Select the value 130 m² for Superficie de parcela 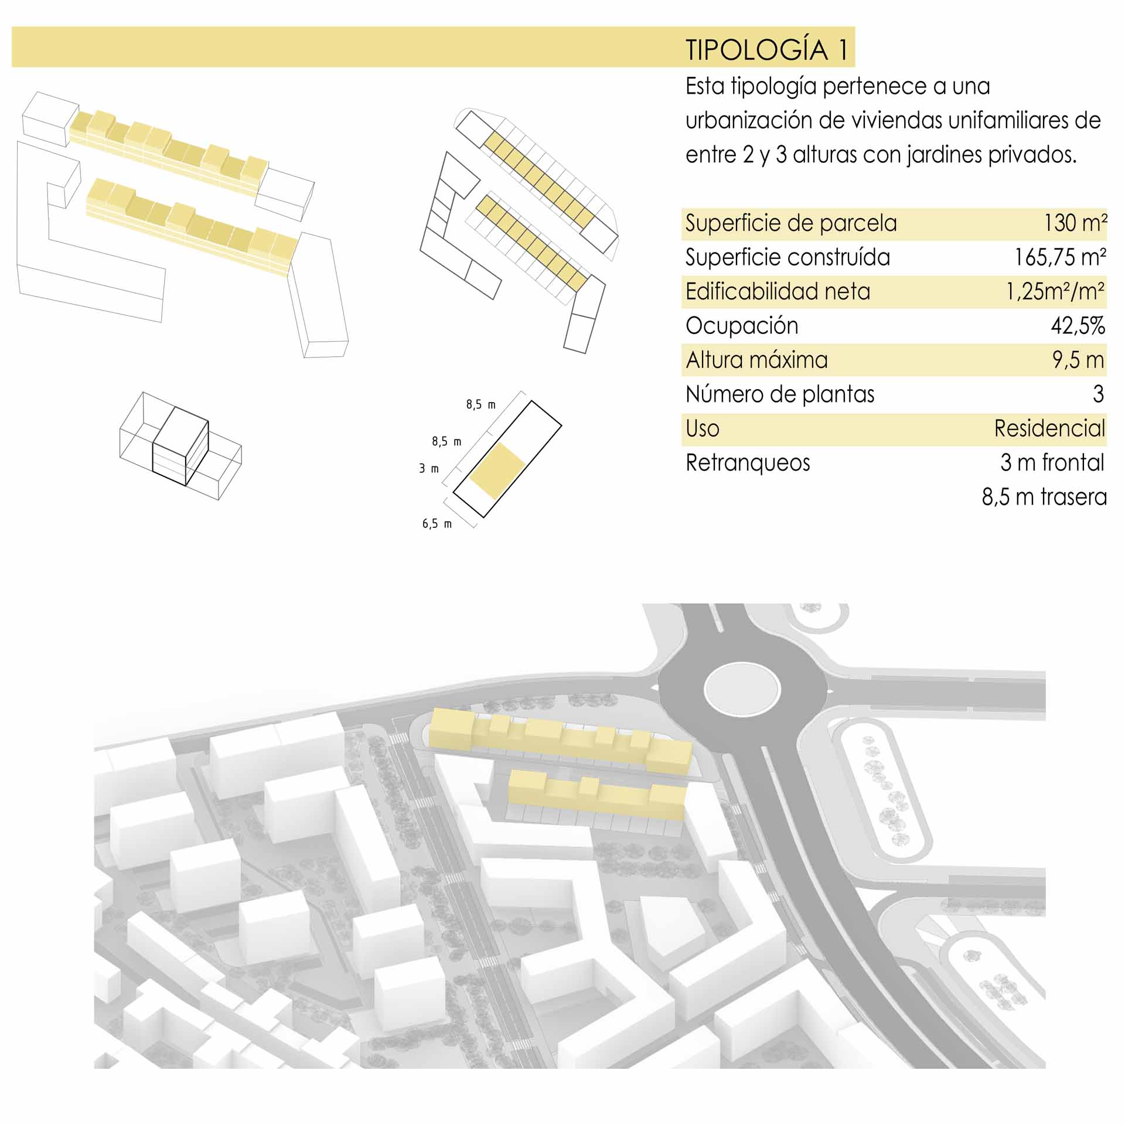coord(1075,223)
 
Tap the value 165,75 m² coord(1060,257)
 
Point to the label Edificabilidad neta coord(778,291)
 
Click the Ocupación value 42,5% coord(1078,326)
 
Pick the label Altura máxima coord(756,360)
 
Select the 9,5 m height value coord(1078,360)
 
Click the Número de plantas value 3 coord(1099,394)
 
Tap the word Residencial coord(1049,428)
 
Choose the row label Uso coord(702,428)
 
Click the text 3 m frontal coord(1052,462)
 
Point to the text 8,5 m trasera coord(1044,497)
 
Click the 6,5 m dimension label coord(437,524)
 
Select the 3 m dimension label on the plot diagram coord(428,469)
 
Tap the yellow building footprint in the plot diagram coord(497,470)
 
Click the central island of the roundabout coord(742,689)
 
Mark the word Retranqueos coord(748,463)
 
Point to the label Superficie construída coord(787,257)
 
